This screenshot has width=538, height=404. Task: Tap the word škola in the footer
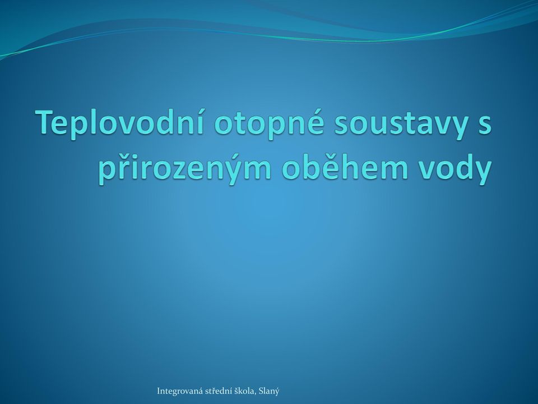(x=245, y=391)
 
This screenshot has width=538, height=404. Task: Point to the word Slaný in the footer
(x=269, y=391)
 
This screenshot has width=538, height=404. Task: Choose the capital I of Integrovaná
(x=159, y=391)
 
